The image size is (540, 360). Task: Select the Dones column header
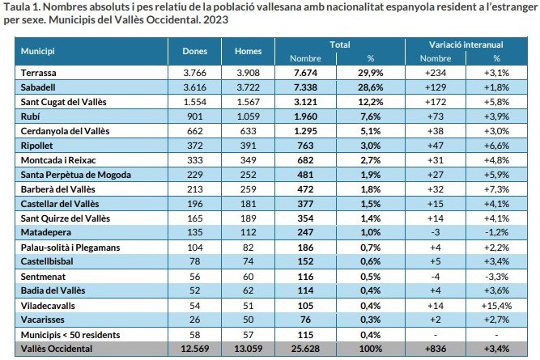click(195, 52)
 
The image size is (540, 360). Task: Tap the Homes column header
click(248, 52)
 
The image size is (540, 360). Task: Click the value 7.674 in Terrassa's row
click(305, 73)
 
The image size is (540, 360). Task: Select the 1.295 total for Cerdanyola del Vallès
click(305, 131)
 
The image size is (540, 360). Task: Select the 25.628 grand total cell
click(305, 349)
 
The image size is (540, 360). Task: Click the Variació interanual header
click(466, 44)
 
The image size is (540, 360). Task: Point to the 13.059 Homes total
click(248, 349)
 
